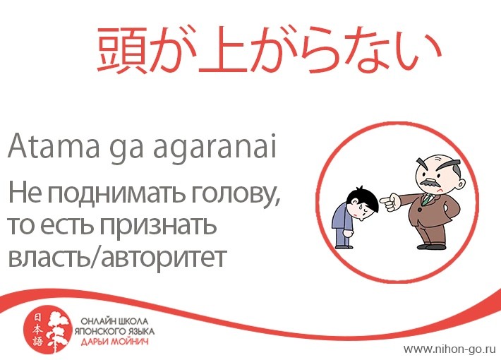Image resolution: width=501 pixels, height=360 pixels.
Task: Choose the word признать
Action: tap(158, 226)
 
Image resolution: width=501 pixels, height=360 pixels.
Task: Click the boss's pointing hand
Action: tap(390, 201)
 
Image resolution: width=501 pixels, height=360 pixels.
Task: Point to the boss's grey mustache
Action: tap(430, 183)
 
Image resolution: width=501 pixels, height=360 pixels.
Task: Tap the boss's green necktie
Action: tap(426, 198)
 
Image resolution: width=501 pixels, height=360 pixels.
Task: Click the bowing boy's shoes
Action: tap(344, 246)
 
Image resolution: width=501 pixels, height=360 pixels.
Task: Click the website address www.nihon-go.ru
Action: tap(449, 349)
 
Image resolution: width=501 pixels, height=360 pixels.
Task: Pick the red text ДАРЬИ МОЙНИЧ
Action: tap(115, 342)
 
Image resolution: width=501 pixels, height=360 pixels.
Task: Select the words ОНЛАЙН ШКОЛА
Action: tap(114, 321)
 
